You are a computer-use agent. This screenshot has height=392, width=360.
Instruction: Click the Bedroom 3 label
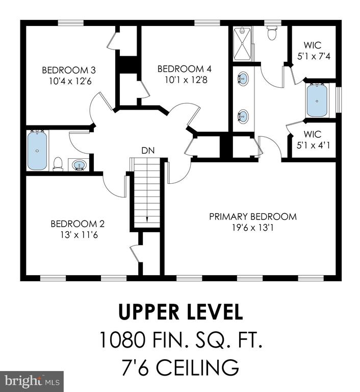point(69,70)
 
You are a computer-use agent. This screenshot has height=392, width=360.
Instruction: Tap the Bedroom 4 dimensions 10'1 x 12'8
point(186,80)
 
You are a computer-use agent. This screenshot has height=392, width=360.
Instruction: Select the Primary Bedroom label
point(253,216)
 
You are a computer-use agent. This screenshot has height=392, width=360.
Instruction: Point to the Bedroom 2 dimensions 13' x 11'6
point(79,235)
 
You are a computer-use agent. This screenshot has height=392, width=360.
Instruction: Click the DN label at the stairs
point(148,151)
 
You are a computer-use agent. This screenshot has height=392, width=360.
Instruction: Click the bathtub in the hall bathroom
point(37,151)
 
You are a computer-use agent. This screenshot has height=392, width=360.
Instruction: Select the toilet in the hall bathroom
point(58,164)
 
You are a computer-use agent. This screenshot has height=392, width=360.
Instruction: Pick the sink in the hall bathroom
point(79,165)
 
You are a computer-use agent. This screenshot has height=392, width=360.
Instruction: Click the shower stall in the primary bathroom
point(242,44)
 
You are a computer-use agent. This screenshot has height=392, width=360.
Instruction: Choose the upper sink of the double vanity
point(243,79)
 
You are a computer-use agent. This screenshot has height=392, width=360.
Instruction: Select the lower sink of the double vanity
point(243,116)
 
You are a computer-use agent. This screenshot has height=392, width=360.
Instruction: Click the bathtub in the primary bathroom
point(317,101)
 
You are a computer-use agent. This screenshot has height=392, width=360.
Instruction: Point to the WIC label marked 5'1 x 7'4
point(314,51)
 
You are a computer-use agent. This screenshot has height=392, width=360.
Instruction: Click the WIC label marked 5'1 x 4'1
point(313,140)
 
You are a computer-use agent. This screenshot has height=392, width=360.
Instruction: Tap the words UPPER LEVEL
point(181,312)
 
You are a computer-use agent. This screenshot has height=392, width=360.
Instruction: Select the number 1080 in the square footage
point(122,339)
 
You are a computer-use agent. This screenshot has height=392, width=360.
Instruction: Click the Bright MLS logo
point(32,381)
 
